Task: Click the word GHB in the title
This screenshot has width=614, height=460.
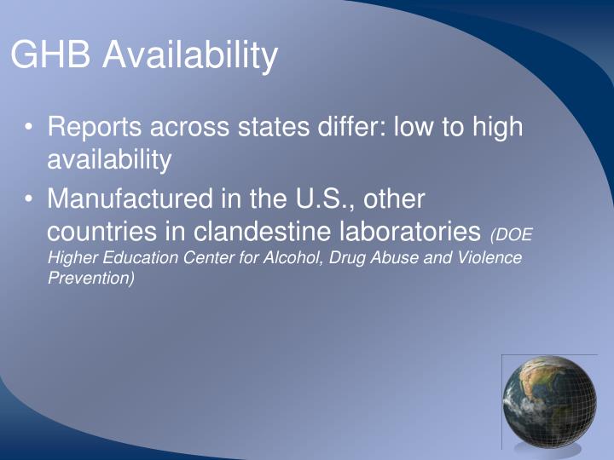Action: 51,56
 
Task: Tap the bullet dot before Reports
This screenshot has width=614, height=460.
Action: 30,128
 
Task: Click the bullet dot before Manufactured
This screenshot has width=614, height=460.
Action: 30,199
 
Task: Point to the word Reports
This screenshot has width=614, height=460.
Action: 95,128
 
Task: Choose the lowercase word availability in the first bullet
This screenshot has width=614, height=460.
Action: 109,158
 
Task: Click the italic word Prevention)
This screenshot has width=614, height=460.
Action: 90,278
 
